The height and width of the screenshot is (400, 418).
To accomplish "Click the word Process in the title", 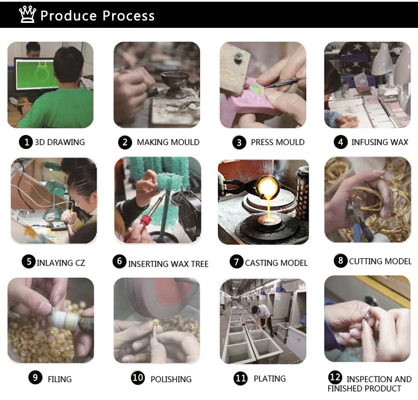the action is pos(129,16).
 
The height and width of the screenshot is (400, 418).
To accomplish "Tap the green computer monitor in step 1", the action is pos(37,74).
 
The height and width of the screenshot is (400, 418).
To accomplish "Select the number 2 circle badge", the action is pos(125,142).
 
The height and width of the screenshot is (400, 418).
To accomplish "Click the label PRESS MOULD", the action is pos(278,142).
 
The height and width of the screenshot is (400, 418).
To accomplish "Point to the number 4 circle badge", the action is pos(341,142).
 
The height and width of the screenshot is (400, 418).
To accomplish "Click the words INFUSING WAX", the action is pos(380,142).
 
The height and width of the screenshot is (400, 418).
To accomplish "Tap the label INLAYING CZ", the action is pos(61,263).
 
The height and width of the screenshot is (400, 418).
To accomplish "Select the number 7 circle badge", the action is pos(236,262).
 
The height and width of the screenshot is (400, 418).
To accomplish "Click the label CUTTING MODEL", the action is pos(380,261).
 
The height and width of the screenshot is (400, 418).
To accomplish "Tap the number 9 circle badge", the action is pos(35,378).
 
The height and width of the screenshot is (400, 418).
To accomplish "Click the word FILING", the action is pos(60,379).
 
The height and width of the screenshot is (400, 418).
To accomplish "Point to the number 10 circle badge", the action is pos(138,378).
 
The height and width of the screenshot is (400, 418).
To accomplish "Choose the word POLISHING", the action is pos(171,379).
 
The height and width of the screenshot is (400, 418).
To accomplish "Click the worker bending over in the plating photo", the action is pos(263,319).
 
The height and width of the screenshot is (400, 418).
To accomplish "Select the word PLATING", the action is pos(270,378).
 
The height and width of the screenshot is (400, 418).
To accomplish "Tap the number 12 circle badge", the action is pos(335,377).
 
